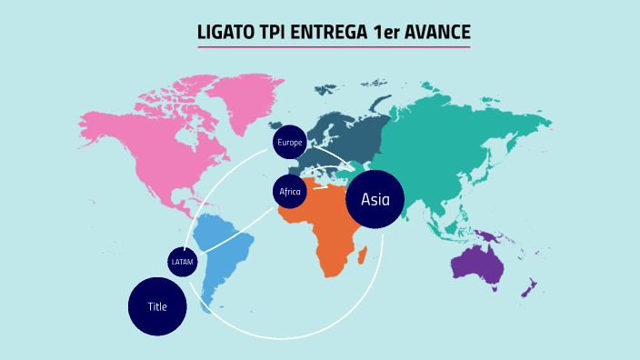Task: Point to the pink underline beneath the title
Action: point(334,46)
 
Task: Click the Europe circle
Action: point(289,142)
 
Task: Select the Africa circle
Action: point(289,192)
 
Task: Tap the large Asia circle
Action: point(375,199)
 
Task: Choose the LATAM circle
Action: point(182,262)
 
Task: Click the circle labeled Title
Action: point(157,306)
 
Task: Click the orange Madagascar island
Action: point(364,257)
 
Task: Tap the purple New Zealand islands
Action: point(526,289)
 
